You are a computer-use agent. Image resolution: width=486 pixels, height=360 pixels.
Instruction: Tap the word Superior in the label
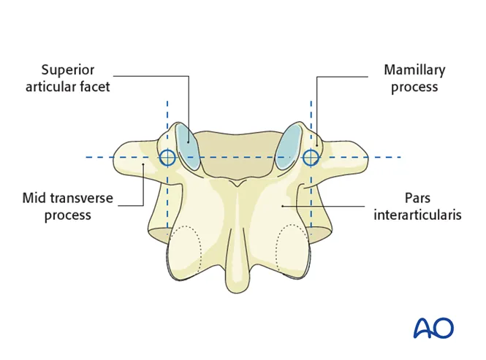click(68, 70)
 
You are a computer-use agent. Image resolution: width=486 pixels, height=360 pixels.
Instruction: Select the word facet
click(95, 87)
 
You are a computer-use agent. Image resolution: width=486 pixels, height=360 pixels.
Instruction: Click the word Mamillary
click(414, 71)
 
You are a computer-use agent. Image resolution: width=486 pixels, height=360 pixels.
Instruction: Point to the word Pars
click(417, 198)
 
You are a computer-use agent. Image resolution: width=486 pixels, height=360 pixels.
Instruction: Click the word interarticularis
click(417, 215)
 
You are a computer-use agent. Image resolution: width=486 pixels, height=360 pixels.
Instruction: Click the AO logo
click(433, 327)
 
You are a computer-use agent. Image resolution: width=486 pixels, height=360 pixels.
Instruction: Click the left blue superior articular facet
click(187, 146)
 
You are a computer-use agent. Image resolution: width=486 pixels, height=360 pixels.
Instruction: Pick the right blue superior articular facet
click(289, 146)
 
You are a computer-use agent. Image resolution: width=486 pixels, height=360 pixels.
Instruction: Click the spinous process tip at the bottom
click(238, 291)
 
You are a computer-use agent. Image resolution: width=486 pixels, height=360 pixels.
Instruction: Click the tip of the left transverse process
click(114, 157)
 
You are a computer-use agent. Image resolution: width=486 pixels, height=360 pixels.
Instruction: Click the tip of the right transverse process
click(368, 157)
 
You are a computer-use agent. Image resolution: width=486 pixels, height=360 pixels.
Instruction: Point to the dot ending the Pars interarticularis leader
click(282, 206)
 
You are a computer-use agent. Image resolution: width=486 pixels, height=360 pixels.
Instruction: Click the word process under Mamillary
click(414, 87)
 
